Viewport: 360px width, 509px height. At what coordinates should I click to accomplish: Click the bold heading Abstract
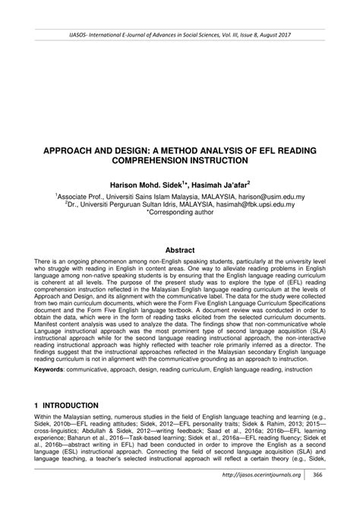pyautogui.click(x=180, y=249)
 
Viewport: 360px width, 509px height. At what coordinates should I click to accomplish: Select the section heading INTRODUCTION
pyautogui.click(x=74, y=406)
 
